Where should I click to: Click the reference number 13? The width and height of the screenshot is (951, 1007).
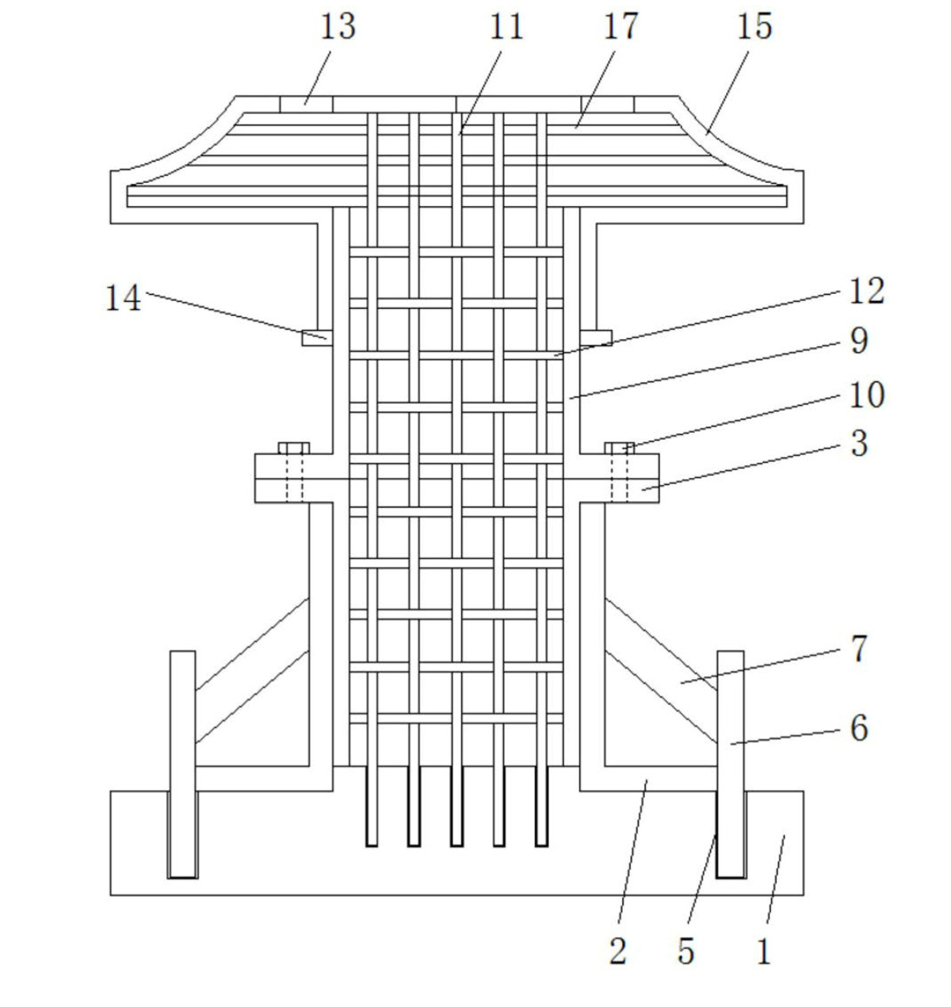(338, 27)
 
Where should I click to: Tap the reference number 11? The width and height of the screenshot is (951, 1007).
(506, 27)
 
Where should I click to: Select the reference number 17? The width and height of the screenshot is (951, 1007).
(621, 27)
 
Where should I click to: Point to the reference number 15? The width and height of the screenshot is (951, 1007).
(754, 27)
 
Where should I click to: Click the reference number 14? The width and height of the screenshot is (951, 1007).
(124, 298)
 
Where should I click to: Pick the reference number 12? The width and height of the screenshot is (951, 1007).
(867, 291)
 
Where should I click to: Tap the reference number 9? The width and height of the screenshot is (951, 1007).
(859, 340)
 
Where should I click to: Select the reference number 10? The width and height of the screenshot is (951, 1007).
(867, 395)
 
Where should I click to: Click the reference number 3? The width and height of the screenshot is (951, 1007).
(859, 444)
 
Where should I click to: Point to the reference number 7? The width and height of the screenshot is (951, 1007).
(859, 649)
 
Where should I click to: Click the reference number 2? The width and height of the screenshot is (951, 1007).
(618, 952)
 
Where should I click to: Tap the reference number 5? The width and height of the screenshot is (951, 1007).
(686, 952)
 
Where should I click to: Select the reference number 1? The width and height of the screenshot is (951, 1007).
(764, 952)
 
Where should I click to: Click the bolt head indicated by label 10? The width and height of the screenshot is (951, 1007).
(619, 448)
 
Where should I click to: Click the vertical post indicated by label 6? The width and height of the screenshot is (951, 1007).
(731, 765)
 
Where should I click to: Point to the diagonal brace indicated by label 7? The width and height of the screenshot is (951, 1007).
(661, 671)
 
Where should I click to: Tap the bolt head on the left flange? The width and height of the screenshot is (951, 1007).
(294, 448)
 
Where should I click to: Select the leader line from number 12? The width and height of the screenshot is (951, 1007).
(697, 323)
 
